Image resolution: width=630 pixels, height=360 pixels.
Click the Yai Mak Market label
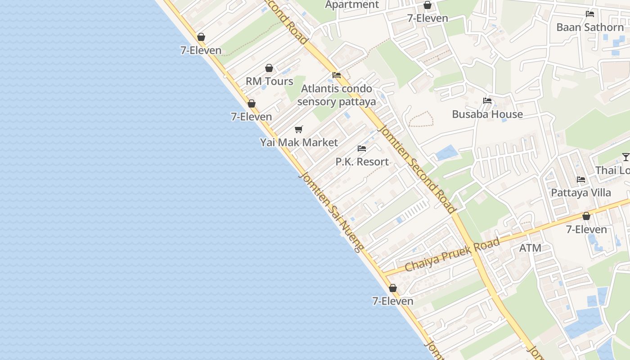tap(299, 143)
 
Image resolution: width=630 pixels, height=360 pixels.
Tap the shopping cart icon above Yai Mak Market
tap(299, 130)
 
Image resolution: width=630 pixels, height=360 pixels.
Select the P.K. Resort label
tap(362, 162)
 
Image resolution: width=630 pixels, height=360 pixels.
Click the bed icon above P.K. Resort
tap(362, 148)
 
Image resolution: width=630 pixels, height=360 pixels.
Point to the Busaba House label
tap(487, 114)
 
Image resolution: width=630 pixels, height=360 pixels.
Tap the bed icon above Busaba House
tap(487, 101)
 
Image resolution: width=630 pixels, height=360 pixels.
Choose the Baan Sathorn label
tap(590, 27)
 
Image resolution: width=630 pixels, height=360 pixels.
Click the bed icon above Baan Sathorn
tap(590, 14)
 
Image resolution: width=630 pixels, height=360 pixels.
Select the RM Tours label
tap(269, 81)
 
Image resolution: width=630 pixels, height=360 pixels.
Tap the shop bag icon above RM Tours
tap(269, 68)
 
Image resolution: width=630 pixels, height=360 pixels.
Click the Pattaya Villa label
tap(581, 193)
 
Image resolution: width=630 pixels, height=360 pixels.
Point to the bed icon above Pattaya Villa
tap(581, 180)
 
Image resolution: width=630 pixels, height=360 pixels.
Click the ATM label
tap(530, 248)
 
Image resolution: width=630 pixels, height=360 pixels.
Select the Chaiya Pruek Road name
tap(452, 255)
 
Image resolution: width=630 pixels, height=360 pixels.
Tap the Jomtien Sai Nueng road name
tap(330, 211)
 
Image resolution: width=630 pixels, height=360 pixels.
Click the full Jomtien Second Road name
tap(418, 169)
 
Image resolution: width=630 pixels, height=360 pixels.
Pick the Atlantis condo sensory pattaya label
tap(337, 95)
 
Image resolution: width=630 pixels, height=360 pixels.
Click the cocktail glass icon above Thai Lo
tap(625, 157)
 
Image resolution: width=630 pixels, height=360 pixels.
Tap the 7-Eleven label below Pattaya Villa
tap(586, 229)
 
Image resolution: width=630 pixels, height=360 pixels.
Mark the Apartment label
tap(352, 5)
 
